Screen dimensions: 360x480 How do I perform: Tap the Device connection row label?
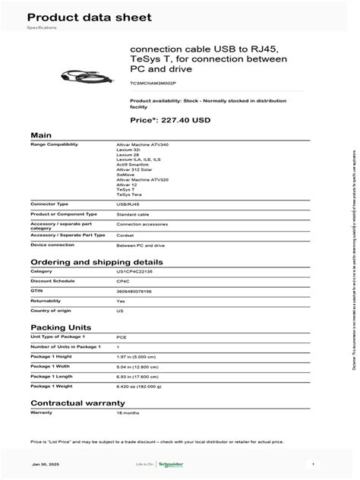tap(50, 245)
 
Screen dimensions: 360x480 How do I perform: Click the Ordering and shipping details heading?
tap(85, 261)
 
